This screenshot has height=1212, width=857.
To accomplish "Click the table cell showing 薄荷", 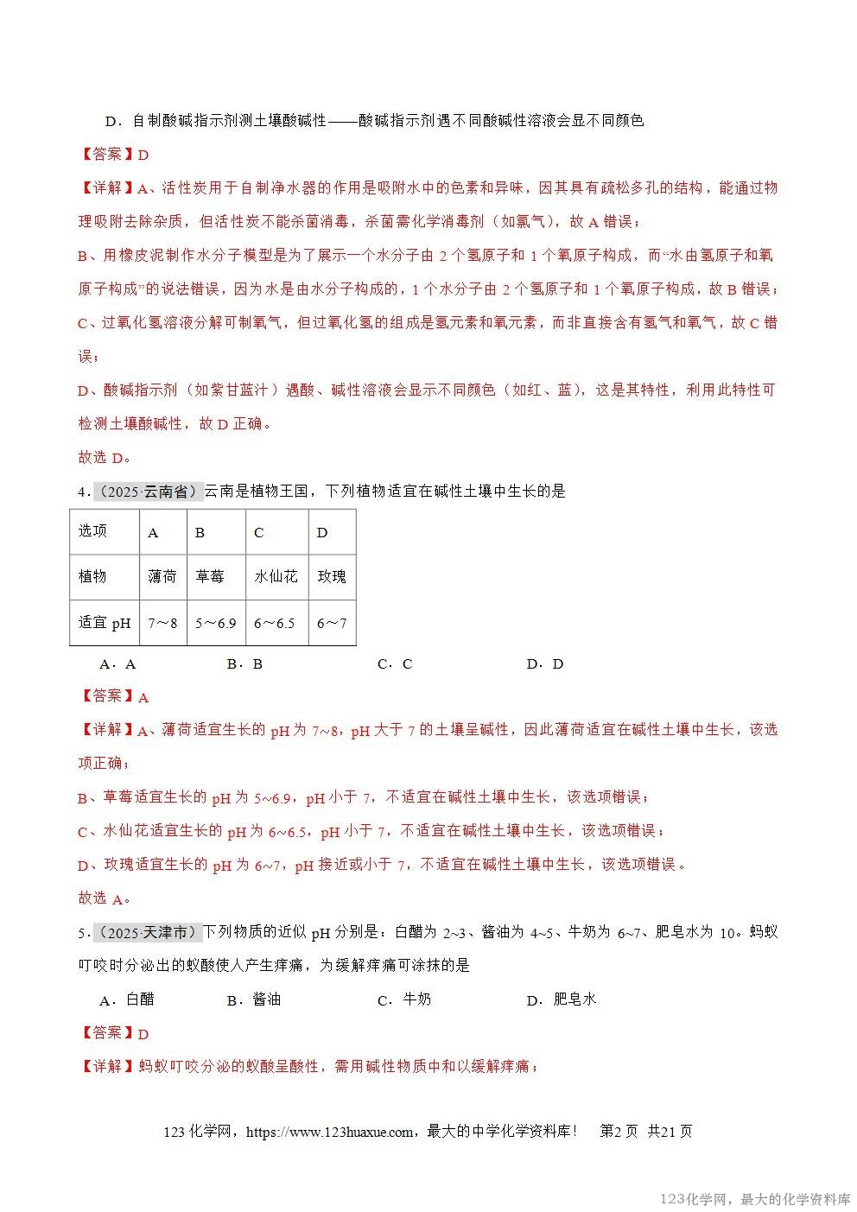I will point(162,576).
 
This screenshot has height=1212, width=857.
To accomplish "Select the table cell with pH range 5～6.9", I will point(215,623).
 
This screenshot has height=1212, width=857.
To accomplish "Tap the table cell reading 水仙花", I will point(276,576).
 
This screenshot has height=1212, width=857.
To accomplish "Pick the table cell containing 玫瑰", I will point(332,576).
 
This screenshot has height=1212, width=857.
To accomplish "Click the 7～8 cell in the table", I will point(162,623).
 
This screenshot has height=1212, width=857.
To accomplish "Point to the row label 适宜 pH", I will point(105,623).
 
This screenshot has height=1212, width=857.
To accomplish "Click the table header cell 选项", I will point(93,531).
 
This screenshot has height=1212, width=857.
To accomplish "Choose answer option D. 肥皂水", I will point(562,999).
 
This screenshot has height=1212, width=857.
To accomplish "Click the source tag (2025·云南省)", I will point(148,492).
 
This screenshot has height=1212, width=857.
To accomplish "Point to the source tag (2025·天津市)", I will point(148,932).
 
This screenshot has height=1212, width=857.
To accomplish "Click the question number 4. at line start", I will point(83,492).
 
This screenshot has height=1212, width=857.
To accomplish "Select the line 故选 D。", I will point(105,458).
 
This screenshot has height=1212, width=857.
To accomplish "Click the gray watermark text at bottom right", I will point(755,1199).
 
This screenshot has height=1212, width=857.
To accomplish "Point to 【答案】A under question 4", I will point(114,696).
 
